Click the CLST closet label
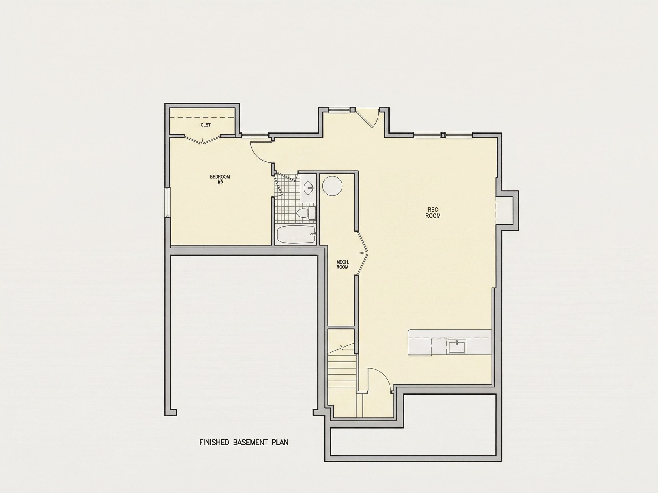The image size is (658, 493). [206, 125]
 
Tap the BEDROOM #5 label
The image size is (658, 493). [220, 179]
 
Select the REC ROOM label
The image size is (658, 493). [433, 213]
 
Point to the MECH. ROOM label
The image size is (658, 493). [342, 264]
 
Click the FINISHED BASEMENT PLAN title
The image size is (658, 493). [244, 442]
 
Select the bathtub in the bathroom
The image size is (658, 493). [296, 235]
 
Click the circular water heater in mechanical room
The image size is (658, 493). [332, 186]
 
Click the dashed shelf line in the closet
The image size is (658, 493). [202, 118]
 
